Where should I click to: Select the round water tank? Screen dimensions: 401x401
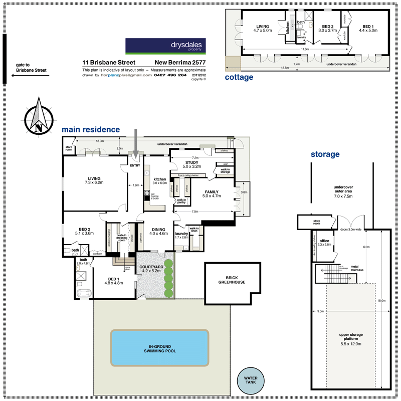[250, 381]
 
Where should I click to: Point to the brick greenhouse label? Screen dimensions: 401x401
[233, 279]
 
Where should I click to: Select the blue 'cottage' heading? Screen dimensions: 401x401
[239, 77]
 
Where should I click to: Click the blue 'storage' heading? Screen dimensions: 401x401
[325, 154]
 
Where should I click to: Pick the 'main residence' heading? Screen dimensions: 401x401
[91, 130]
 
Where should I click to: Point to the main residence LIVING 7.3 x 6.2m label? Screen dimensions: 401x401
[94, 181]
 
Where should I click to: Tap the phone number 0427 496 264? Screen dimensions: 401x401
[170, 76]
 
